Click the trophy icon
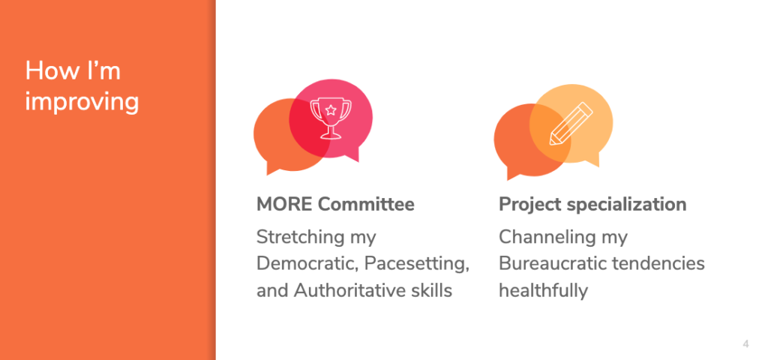point(331,118)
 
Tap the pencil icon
point(571,124)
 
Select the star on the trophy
point(331,109)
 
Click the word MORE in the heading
point(284,204)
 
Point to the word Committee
point(366,204)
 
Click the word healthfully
point(543,291)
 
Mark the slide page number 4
point(745,344)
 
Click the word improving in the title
point(82,102)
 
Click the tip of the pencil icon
point(551,143)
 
